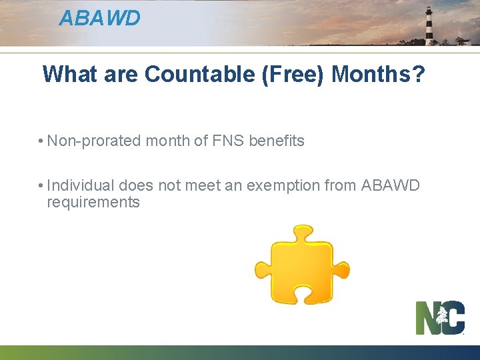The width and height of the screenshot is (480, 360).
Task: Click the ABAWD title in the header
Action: (99, 18)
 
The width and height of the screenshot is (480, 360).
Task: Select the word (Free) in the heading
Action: (293, 74)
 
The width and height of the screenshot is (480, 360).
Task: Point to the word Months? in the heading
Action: (378, 74)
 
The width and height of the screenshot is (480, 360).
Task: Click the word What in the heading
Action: (69, 74)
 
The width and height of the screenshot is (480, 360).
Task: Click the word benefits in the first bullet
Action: (276, 141)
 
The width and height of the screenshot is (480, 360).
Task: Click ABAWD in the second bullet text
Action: (391, 185)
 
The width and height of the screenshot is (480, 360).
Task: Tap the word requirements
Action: (93, 203)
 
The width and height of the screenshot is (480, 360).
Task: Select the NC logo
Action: (440, 317)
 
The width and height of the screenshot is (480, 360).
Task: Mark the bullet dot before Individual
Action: (41, 186)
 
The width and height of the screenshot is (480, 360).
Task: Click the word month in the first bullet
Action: (167, 141)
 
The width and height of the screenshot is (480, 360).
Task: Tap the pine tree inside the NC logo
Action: (442, 319)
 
